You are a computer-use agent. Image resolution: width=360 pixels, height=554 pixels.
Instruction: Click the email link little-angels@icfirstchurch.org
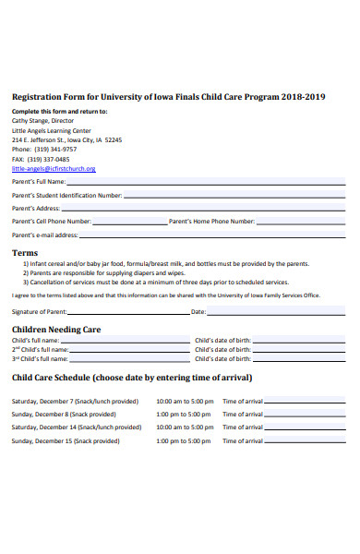pyautogui.click(x=53, y=169)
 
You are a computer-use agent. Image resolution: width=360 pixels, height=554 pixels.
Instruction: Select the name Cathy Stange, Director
pyautogui.click(x=42, y=120)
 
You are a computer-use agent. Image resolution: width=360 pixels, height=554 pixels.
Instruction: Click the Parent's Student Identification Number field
pyautogui.click(x=234, y=196)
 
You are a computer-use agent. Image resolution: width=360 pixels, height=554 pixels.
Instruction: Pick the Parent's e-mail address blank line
pyautogui.click(x=212, y=235)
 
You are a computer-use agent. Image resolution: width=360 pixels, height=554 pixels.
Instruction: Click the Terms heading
pyautogui.click(x=24, y=252)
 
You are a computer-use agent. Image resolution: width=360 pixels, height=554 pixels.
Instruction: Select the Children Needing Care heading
pyautogui.click(x=55, y=329)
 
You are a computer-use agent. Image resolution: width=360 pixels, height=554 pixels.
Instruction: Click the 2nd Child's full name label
pyautogui.click(x=40, y=350)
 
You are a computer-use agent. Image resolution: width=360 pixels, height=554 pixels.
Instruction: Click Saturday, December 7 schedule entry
pyautogui.click(x=75, y=402)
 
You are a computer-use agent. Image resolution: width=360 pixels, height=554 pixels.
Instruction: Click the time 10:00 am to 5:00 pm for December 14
pyautogui.click(x=185, y=428)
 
